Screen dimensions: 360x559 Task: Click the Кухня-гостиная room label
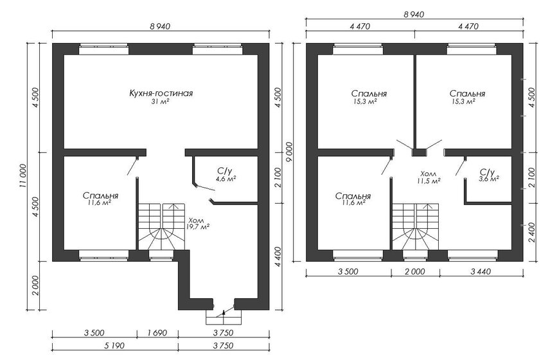(162, 93)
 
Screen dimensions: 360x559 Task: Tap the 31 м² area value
(161, 102)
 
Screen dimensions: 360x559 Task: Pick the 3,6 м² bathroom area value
(489, 179)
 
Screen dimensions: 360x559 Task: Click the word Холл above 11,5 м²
(427, 174)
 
